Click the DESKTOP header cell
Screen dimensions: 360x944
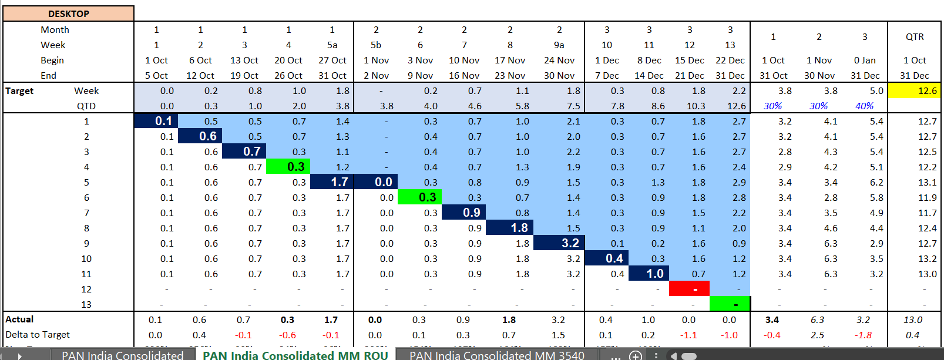(x=69, y=14)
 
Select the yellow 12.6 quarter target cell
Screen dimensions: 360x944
(x=914, y=90)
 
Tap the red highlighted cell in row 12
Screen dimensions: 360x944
(x=689, y=289)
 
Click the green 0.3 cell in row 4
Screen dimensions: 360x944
(x=288, y=167)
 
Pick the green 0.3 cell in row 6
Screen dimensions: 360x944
(x=420, y=197)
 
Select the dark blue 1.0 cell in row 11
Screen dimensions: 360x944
(x=649, y=274)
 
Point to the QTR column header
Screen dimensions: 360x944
(x=915, y=36)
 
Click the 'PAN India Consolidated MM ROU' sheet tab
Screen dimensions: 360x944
(x=295, y=355)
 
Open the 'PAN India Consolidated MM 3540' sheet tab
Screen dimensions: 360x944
(x=496, y=355)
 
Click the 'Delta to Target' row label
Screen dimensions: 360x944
(x=38, y=334)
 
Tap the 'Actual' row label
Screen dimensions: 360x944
(x=19, y=319)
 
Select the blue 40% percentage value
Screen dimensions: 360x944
(x=864, y=106)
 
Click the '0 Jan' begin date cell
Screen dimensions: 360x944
(x=865, y=60)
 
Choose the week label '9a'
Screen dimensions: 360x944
(x=559, y=45)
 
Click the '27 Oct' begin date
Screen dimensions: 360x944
(x=332, y=60)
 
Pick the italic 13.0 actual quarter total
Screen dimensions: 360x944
(x=912, y=319)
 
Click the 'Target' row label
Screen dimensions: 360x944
(x=19, y=90)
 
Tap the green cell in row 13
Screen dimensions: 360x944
(x=730, y=304)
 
